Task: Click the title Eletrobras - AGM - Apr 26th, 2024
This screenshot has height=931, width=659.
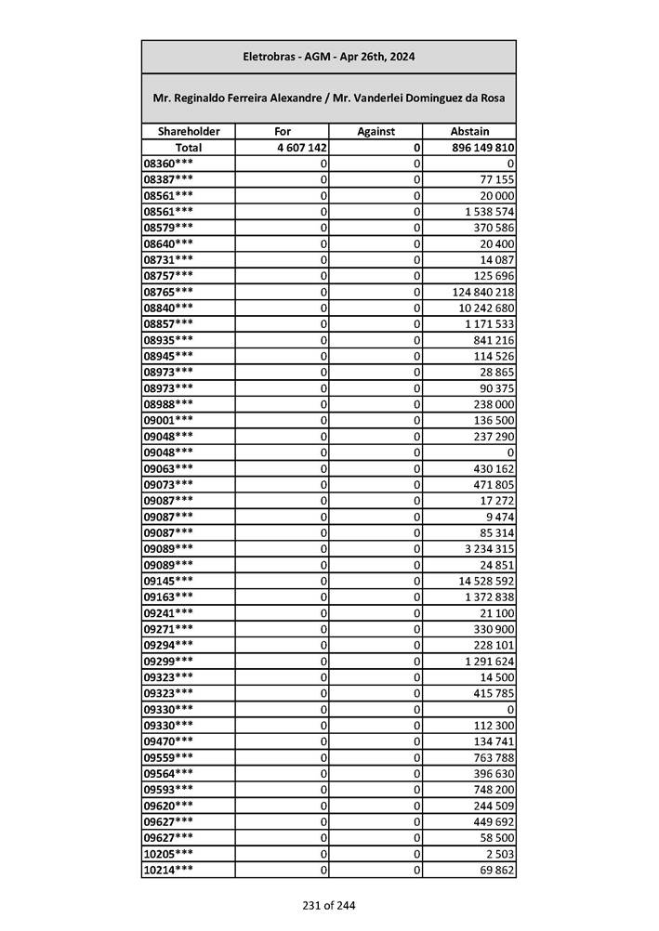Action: point(328,57)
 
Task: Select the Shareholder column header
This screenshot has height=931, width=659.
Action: point(189,132)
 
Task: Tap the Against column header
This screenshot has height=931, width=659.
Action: point(376,132)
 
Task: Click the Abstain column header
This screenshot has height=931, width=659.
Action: point(469,132)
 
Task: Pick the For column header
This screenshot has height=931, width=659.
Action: point(282,132)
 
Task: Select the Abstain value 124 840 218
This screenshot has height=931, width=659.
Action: point(482,292)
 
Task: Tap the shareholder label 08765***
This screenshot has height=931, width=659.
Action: point(169,292)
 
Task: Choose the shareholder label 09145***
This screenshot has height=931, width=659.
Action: point(169,581)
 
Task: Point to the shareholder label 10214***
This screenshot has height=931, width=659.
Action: point(169,870)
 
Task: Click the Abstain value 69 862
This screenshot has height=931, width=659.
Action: point(494,870)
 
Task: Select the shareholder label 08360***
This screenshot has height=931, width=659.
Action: point(169,164)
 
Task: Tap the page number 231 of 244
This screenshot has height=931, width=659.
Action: point(328,905)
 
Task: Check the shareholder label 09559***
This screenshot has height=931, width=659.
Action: point(169,757)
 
